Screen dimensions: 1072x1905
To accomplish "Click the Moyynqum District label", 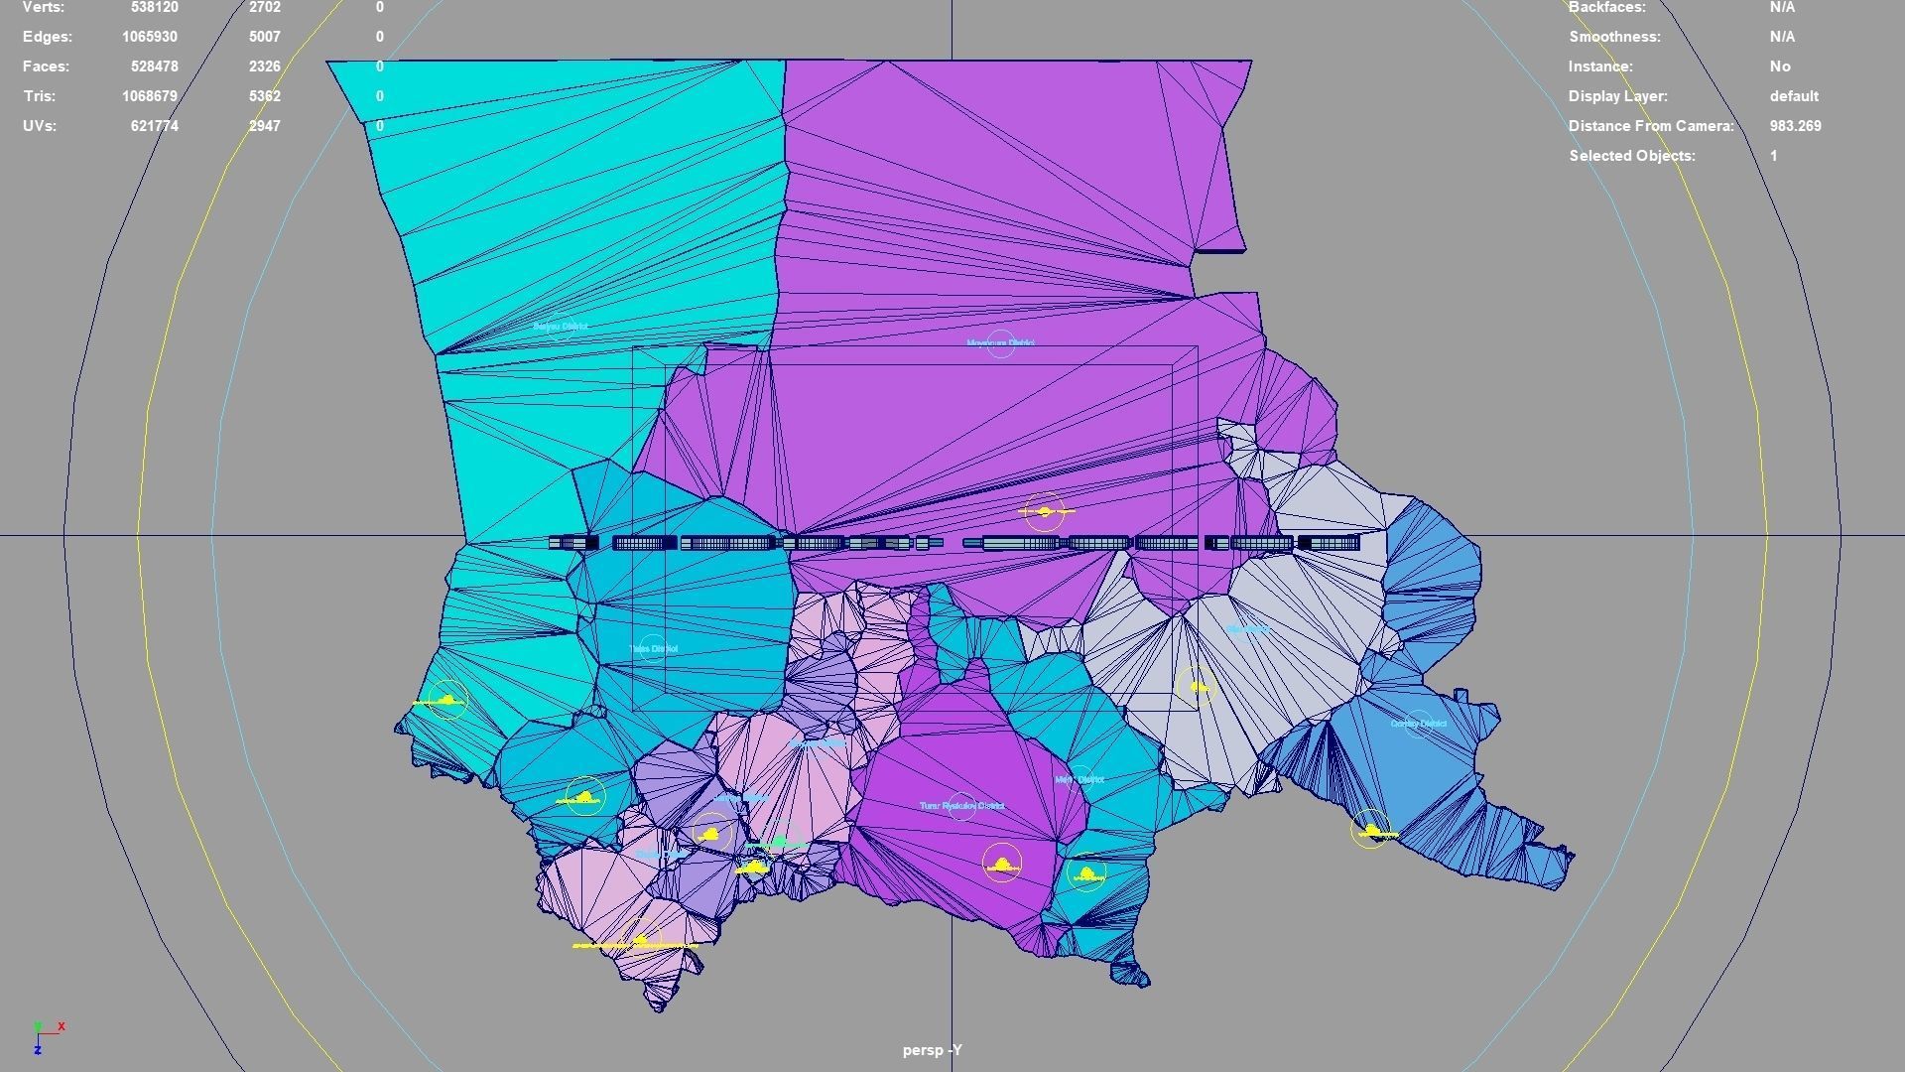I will click(1000, 343).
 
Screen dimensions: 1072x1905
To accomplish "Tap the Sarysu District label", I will click(561, 327).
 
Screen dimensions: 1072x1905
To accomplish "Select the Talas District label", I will click(653, 649).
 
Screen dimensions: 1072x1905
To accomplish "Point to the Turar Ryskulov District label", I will click(961, 806).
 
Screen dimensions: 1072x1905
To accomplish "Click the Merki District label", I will click(1079, 780).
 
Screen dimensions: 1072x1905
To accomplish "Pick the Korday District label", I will click(1418, 724).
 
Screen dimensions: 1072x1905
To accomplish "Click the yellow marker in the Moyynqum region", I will click(1044, 512).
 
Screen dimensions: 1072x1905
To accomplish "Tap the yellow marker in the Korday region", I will click(1372, 830).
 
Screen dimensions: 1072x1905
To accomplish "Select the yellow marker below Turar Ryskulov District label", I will click(1002, 864).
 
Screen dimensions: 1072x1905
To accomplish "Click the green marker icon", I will click(780, 843).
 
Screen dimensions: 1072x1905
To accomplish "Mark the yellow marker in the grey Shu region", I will click(1197, 686).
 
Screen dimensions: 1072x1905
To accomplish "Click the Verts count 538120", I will click(154, 7).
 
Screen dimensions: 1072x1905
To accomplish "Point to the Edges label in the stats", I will click(48, 37).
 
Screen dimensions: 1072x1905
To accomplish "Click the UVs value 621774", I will click(154, 126).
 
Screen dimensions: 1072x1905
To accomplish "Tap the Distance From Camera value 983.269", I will click(1795, 126).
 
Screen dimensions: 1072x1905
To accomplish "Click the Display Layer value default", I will click(1794, 96).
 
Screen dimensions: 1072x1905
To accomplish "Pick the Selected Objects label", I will click(1632, 156).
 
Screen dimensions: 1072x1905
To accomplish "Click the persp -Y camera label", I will click(932, 1050).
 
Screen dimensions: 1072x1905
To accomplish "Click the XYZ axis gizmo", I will click(45, 1035).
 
